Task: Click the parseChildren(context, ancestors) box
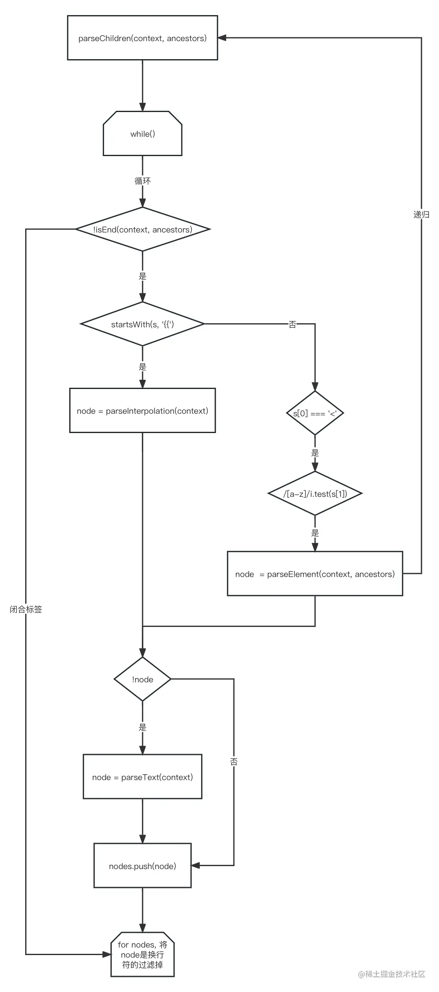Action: [x=142, y=38]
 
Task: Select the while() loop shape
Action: [x=142, y=134]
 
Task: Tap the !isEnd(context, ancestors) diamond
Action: [x=142, y=230]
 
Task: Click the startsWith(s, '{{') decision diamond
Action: [x=142, y=324]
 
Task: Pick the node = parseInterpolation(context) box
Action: [x=142, y=411]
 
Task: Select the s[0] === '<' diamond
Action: [x=315, y=413]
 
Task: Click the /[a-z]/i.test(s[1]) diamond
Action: [x=315, y=494]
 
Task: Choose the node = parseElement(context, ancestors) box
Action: [x=315, y=574]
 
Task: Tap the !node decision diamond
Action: [x=142, y=679]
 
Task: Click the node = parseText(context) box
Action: [x=142, y=777]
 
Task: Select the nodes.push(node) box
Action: [x=142, y=866]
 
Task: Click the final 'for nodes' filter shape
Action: [x=142, y=955]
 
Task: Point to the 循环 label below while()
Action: [x=142, y=181]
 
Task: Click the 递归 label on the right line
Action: [x=421, y=214]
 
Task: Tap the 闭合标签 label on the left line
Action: [x=26, y=609]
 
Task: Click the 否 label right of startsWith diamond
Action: [x=292, y=324]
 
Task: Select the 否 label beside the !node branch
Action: [x=234, y=762]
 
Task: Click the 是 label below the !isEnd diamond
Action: [x=142, y=277]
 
